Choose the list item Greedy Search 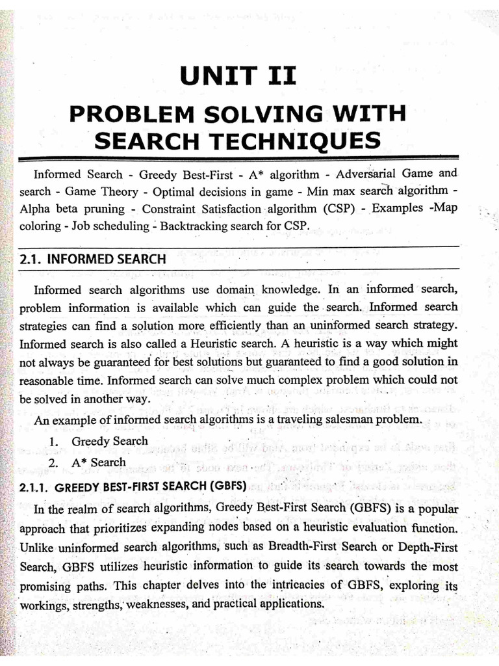click(109, 441)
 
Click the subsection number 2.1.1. click(35, 486)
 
